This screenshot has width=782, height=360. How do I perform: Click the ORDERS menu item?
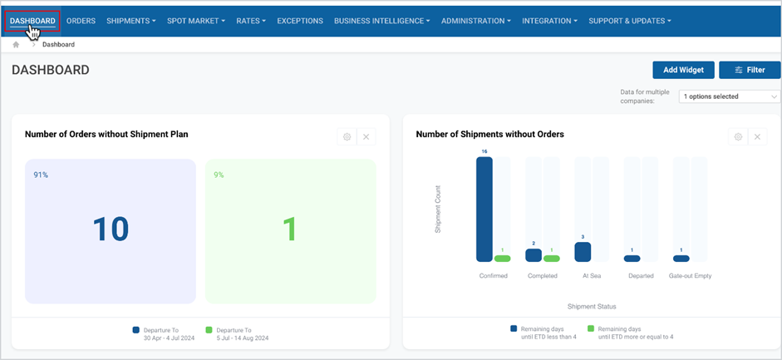pos(81,21)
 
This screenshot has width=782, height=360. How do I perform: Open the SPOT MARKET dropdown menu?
pos(196,21)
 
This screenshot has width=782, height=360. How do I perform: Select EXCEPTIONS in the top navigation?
pos(300,21)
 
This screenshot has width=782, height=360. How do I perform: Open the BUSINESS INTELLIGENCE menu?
pos(382,21)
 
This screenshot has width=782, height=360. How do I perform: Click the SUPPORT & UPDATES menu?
pos(629,21)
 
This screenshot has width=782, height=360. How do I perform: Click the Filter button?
pos(750,70)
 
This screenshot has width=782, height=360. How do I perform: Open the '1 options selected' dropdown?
pos(729,96)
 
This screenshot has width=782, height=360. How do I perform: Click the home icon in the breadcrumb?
pos(16,44)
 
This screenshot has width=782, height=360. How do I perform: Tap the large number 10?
pos(111,229)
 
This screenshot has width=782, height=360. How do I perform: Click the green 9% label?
pos(219,175)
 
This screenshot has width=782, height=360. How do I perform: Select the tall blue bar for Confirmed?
pos(484,210)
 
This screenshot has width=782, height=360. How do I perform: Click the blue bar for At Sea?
pos(583,252)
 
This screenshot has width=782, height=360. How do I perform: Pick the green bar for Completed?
pos(551,259)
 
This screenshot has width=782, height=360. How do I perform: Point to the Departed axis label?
pos(641,276)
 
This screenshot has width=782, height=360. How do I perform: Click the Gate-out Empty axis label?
pos(691,276)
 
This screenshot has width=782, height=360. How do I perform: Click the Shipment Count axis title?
pos(438,210)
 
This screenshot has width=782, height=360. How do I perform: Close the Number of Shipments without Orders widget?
pos(757,136)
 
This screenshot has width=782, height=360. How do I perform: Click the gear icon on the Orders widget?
pos(347,136)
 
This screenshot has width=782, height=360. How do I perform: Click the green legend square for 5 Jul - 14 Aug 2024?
pos(209,330)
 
